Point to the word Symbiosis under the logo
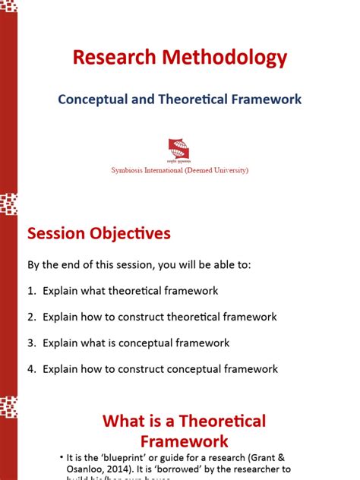pos(129,170)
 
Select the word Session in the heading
pos(57,233)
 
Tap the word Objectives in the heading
pos(130,233)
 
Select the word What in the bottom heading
pos(125,421)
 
